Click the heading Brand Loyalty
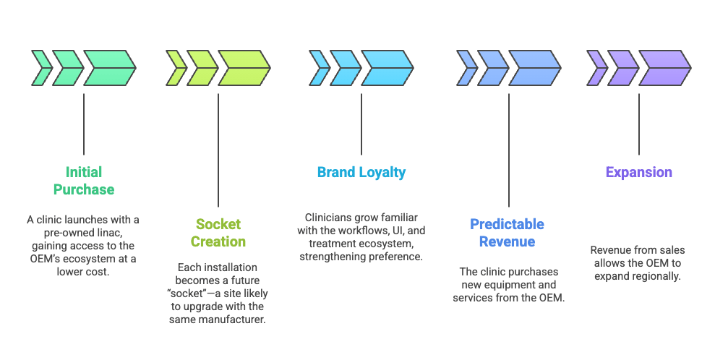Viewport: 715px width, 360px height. click(361, 172)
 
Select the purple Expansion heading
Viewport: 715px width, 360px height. click(638, 172)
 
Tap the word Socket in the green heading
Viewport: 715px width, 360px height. click(218, 224)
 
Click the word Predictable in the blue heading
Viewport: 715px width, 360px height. click(507, 224)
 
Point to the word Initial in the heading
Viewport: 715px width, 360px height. click(84, 172)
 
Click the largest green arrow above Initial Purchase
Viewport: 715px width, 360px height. click(109, 68)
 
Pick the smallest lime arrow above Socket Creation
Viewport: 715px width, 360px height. click(176, 68)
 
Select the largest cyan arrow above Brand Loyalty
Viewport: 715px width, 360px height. click(388, 68)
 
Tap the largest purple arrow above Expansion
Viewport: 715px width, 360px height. click(665, 68)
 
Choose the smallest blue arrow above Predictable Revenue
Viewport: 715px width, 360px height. click(467, 68)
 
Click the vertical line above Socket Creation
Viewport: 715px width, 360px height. click(218, 150)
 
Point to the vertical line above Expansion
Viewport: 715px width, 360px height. click(638, 124)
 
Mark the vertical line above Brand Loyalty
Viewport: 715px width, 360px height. click(361, 124)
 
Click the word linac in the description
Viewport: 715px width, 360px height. click(110, 233)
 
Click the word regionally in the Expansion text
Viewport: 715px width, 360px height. click(656, 276)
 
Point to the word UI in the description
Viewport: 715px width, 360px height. click(398, 231)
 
